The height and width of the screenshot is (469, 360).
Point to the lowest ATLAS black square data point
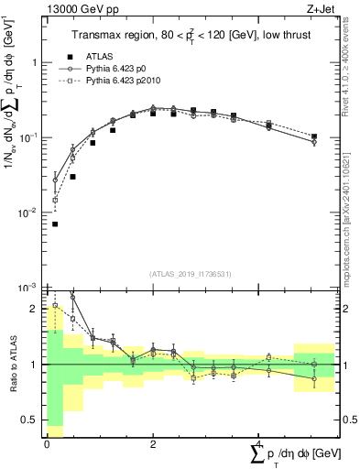point(55,224)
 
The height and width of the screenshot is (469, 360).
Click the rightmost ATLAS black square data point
point(314,136)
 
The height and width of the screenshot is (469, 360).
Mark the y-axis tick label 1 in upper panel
point(35,63)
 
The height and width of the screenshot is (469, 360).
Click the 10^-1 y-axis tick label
point(28,137)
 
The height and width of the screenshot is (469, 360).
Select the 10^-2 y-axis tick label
point(28,213)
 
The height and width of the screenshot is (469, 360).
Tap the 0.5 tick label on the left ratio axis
point(31,420)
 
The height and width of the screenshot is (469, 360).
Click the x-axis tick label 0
point(47,443)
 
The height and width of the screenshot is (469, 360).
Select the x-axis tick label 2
point(152,443)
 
